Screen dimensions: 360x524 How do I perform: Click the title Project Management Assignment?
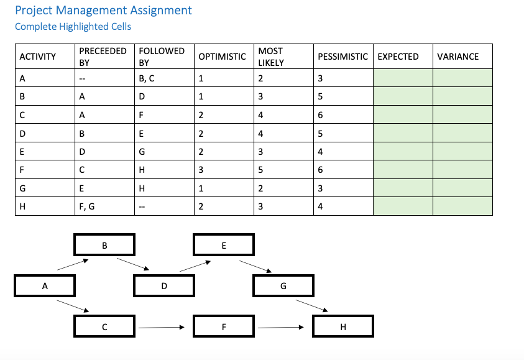click(103, 11)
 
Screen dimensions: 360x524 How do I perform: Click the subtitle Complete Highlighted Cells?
click(73, 26)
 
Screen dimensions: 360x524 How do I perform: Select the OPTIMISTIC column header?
click(222, 57)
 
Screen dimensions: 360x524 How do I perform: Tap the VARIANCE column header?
click(458, 57)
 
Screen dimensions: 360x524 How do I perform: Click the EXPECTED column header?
click(398, 57)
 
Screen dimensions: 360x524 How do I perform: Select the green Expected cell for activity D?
click(403, 133)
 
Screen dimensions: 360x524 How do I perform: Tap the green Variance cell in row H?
click(462, 207)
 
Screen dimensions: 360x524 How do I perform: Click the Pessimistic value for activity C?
click(320, 115)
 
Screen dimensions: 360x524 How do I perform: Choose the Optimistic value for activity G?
click(201, 188)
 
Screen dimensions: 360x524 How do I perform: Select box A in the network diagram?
click(45, 286)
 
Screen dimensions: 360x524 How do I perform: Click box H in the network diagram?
click(343, 327)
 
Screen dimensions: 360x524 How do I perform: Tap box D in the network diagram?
click(164, 286)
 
